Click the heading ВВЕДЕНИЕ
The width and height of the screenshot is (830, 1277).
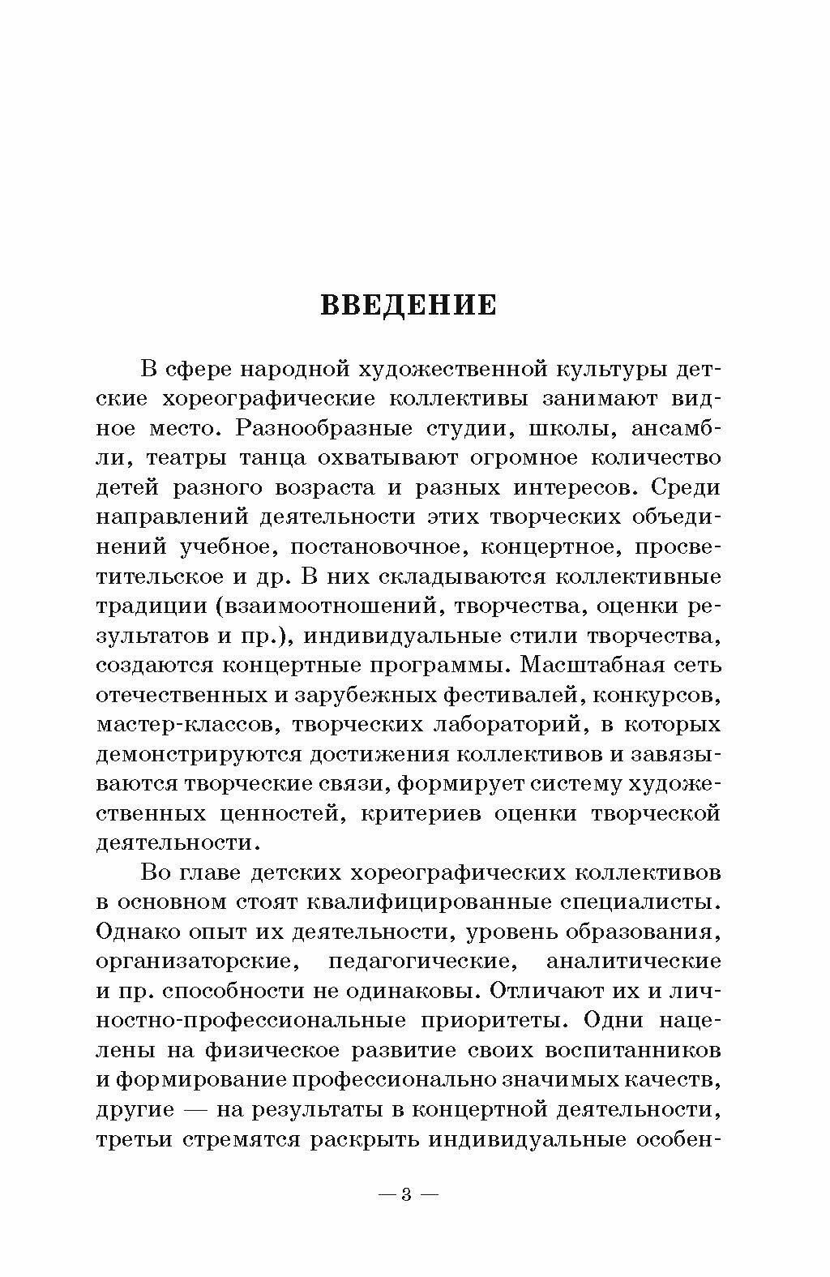(409, 305)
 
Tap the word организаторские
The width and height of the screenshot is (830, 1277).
(194, 962)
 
